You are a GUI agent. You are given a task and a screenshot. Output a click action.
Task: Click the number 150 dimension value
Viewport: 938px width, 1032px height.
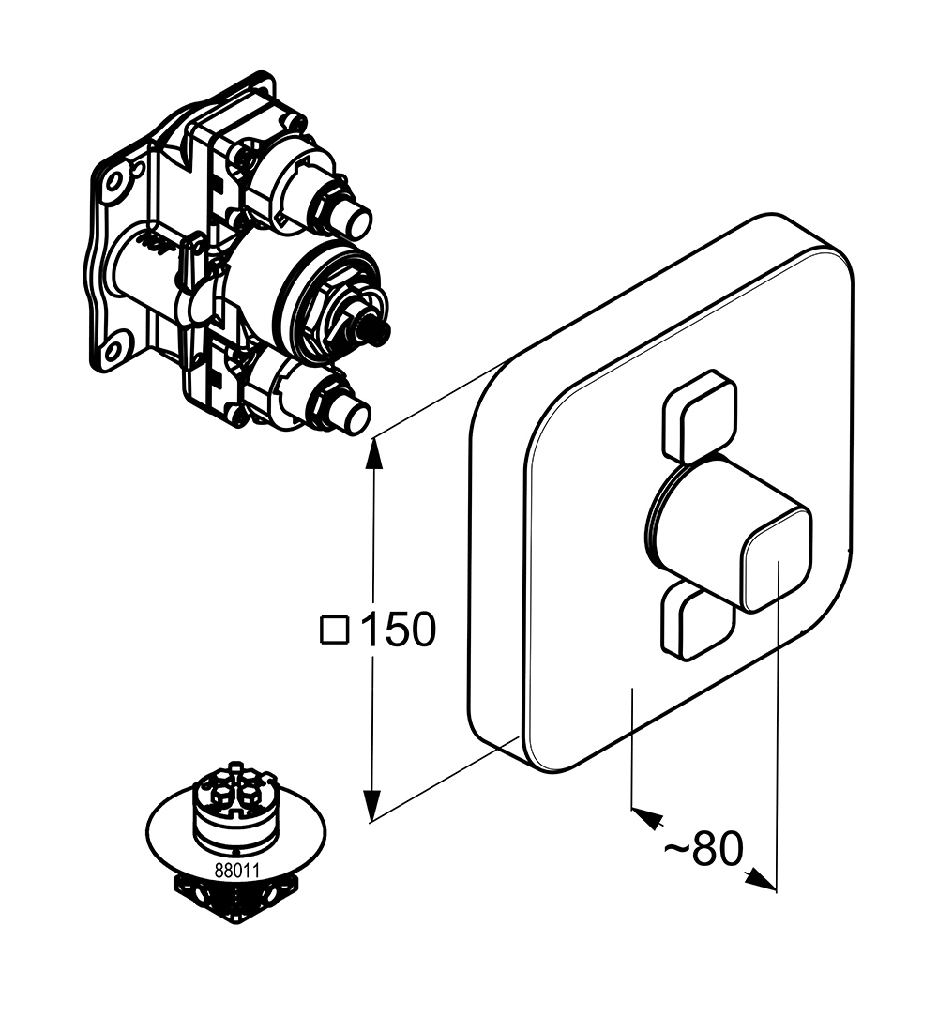[x=398, y=630]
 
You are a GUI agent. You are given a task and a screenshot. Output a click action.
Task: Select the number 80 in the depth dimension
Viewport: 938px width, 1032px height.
[x=718, y=849]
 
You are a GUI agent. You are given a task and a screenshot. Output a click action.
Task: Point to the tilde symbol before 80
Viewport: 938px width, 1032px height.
[x=677, y=849]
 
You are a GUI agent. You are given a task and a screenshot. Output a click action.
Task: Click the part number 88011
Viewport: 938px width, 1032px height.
[x=234, y=869]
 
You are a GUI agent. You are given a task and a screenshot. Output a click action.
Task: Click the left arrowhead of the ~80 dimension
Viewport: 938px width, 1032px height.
[x=643, y=815]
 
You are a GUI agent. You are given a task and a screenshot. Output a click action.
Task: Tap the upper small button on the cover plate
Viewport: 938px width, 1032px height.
[x=700, y=417]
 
